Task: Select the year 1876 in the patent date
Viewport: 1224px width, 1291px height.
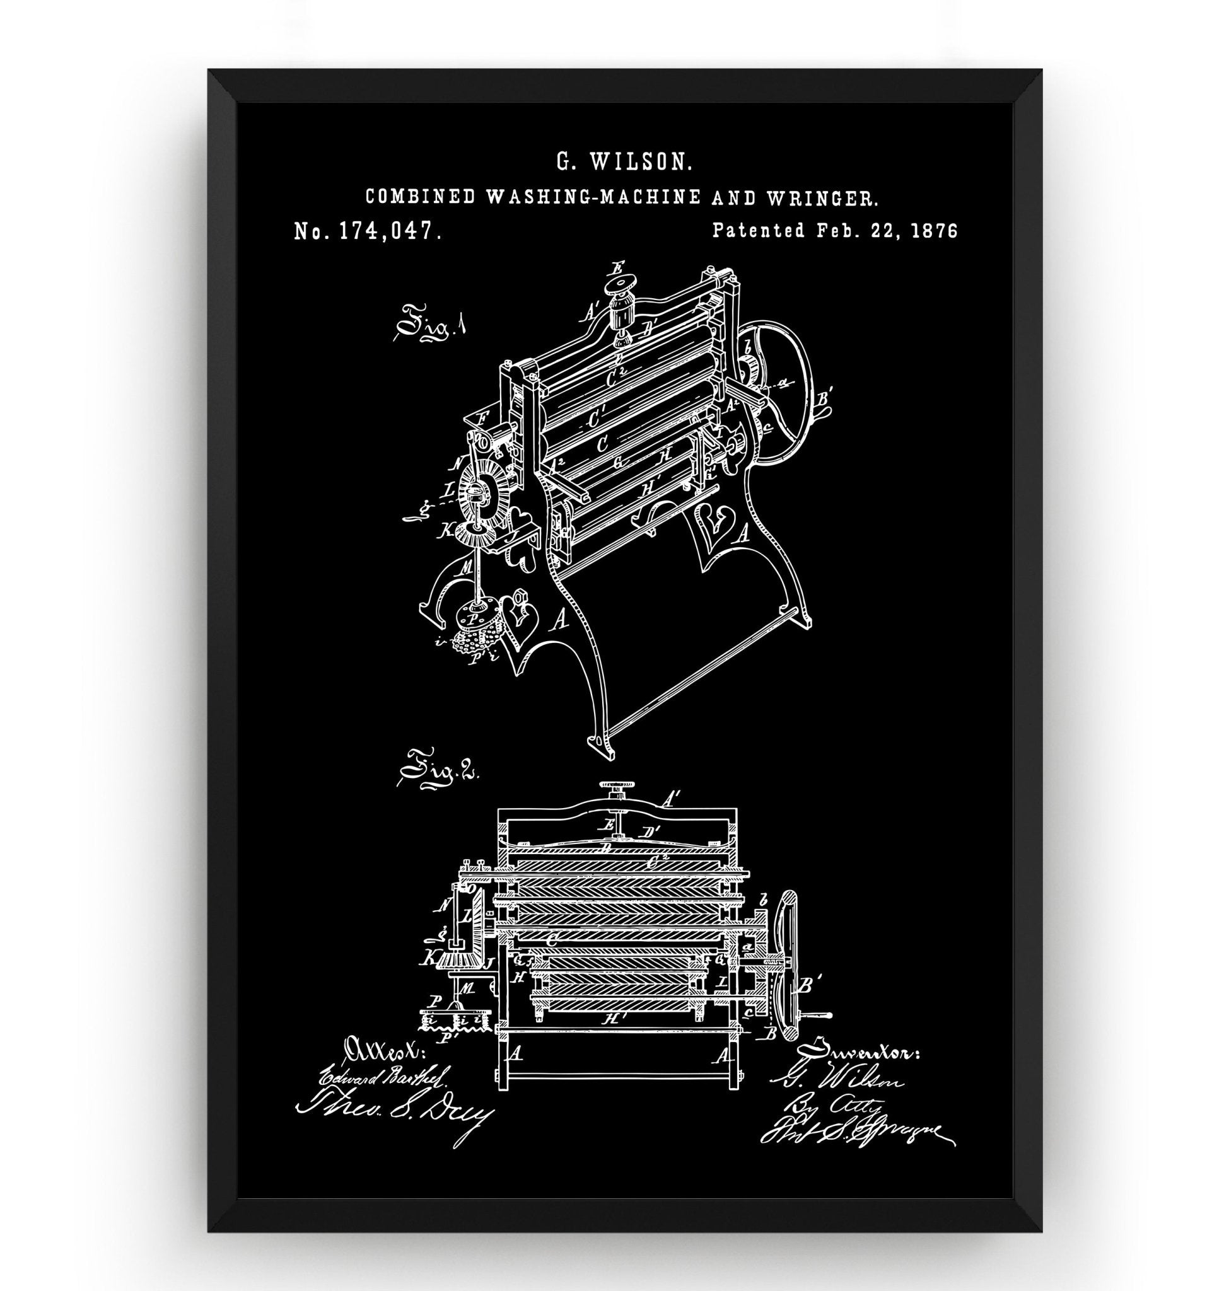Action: tap(935, 230)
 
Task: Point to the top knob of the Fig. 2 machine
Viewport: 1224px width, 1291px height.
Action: tap(614, 790)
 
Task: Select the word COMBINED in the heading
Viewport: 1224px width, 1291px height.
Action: tap(419, 196)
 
